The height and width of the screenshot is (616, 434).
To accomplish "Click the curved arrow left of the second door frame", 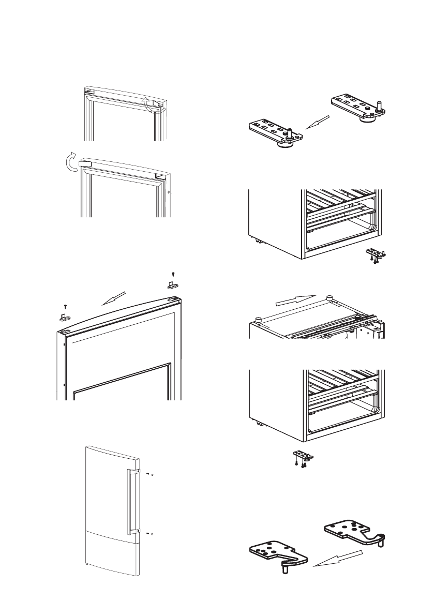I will tap(68, 163).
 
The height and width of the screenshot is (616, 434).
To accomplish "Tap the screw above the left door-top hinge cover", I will tap(64, 306).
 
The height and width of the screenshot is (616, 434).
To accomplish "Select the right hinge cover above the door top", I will tap(173, 284).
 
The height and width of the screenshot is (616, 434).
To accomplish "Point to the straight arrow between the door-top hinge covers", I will tap(114, 299).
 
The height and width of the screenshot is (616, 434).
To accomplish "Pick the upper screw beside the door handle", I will tap(148, 474).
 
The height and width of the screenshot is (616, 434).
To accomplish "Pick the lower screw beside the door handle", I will tap(148, 532).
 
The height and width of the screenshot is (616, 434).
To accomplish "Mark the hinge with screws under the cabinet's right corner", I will tap(377, 256).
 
